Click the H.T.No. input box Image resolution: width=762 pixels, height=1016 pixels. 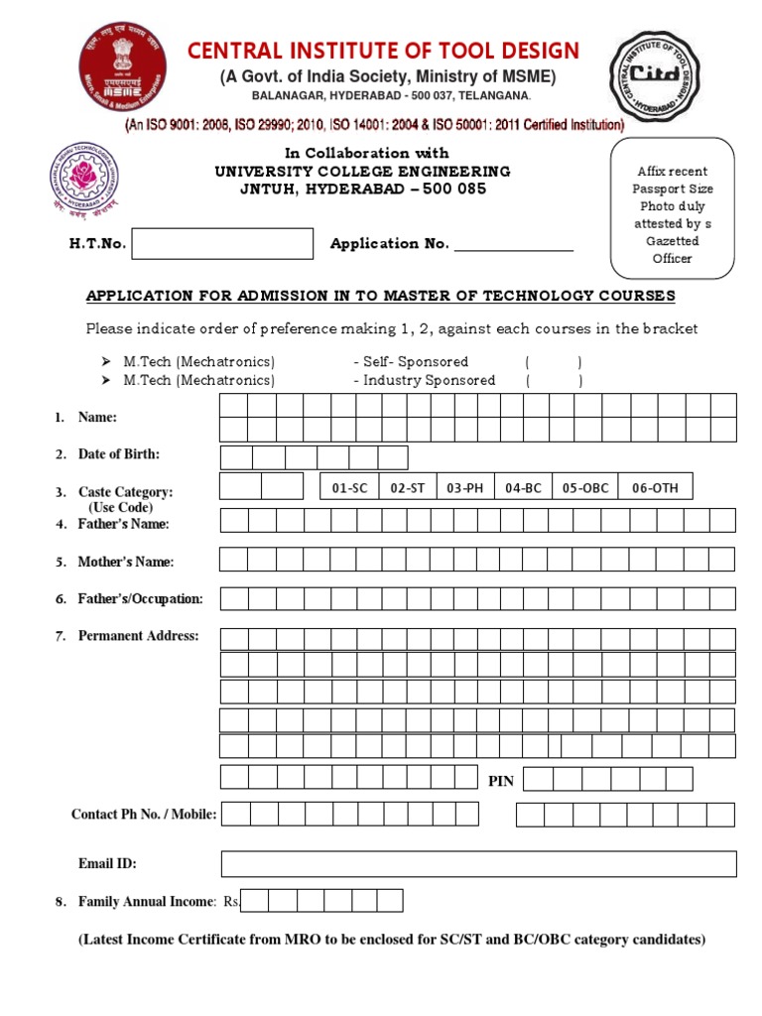pyautogui.click(x=222, y=243)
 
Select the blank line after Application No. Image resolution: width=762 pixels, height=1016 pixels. pyautogui.click(x=514, y=244)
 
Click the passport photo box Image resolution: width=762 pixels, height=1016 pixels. pyautogui.click(x=672, y=208)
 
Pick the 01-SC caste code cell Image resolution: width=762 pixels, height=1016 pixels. pyautogui.click(x=349, y=487)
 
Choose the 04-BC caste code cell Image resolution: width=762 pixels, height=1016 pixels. pyautogui.click(x=522, y=487)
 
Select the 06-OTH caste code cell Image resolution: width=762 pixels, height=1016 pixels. pyautogui.click(x=655, y=487)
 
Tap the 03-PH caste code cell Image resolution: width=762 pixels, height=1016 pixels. pyautogui.click(x=464, y=487)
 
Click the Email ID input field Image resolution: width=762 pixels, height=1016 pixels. pyautogui.click(x=478, y=864)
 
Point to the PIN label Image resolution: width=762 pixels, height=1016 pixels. pyautogui.click(x=501, y=781)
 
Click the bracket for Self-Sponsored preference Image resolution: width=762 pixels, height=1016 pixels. pyautogui.click(x=554, y=362)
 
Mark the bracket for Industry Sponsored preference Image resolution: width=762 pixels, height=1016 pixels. pyautogui.click(x=554, y=380)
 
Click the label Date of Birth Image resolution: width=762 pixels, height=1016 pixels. pyautogui.click(x=118, y=454)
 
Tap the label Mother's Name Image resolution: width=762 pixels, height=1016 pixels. pyautogui.click(x=125, y=562)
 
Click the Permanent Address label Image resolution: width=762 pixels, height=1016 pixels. pyautogui.click(x=138, y=636)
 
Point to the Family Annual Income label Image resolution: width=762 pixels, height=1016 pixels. pyautogui.click(x=146, y=901)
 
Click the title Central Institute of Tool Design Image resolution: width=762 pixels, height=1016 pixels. pyautogui.click(x=377, y=51)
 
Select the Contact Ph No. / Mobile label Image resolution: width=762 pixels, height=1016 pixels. pyautogui.click(x=144, y=815)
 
